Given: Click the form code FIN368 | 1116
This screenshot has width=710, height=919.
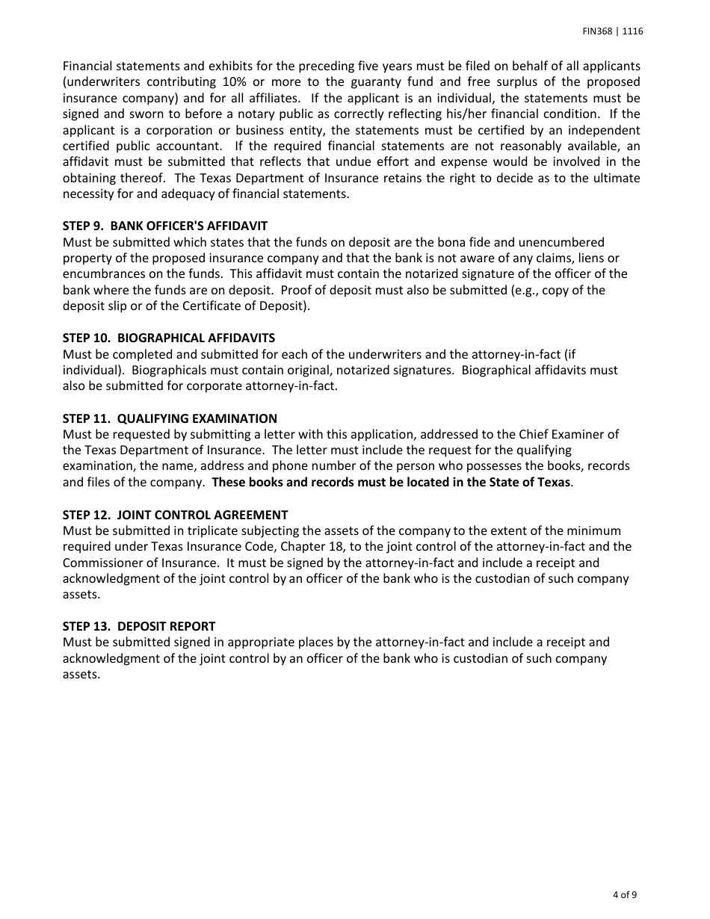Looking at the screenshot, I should [613, 31].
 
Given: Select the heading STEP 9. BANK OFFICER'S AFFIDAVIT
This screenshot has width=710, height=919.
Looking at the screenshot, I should [165, 226].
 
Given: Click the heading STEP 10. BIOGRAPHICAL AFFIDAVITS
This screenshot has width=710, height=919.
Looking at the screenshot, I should [169, 338].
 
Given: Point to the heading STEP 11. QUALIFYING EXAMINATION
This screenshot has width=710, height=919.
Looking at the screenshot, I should [170, 418].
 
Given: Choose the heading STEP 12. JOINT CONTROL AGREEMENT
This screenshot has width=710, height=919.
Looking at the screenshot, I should [175, 515].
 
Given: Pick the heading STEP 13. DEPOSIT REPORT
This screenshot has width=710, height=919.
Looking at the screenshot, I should [139, 626].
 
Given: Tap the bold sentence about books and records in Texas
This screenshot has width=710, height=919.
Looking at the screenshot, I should [391, 482].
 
